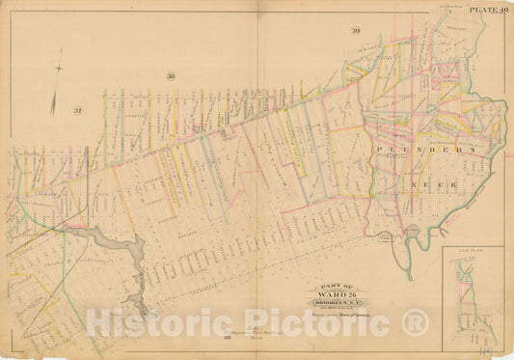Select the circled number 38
(x=170, y=76)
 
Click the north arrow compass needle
(x=59, y=70)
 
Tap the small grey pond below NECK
(x=416, y=233)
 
